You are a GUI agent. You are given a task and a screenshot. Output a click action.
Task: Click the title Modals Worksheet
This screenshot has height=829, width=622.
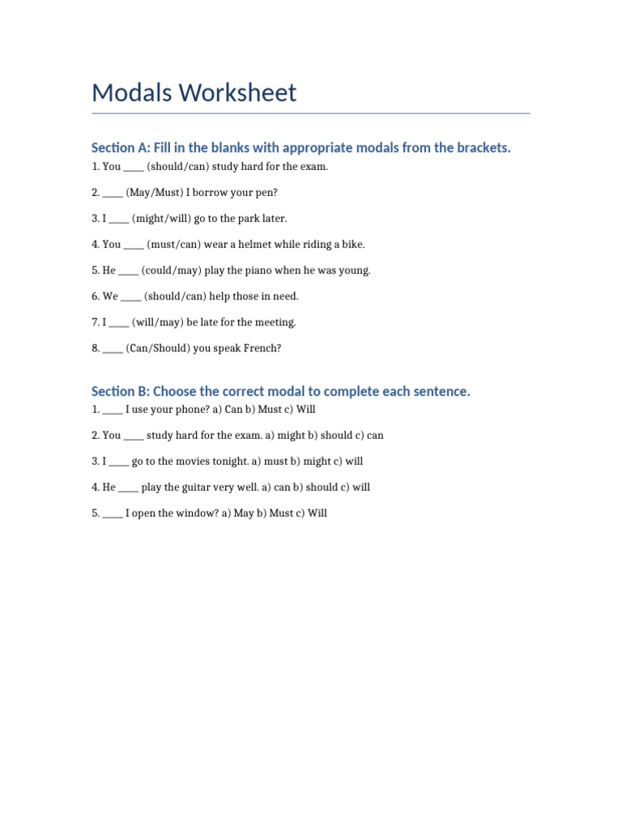click(x=194, y=93)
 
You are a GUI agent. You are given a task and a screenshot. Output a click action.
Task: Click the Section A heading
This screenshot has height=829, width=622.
click(x=301, y=147)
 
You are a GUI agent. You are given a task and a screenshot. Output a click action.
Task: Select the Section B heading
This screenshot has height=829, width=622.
click(x=280, y=392)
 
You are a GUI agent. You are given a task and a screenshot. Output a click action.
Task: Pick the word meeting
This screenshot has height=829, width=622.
click(x=276, y=322)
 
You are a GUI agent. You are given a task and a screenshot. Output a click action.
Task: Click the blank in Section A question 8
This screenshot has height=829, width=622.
click(x=113, y=349)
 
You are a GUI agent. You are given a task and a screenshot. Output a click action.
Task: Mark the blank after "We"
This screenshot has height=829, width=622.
click(x=130, y=297)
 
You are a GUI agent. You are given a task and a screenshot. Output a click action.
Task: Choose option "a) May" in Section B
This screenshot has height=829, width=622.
click(x=238, y=513)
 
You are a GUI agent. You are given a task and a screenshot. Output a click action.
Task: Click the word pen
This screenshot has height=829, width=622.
click(x=266, y=193)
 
